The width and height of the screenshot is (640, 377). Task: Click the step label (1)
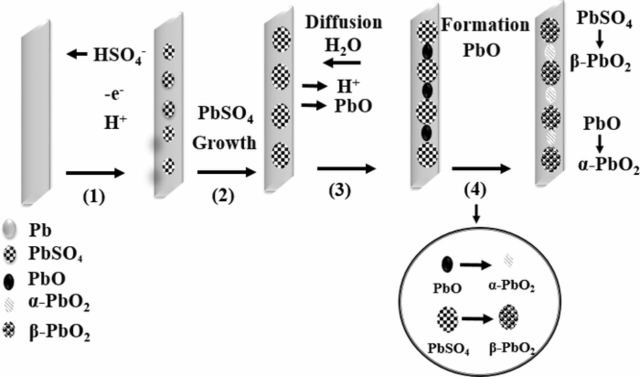(x=94, y=196)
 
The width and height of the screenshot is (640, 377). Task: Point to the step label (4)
(x=475, y=191)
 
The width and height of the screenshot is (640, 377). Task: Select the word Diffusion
(x=343, y=23)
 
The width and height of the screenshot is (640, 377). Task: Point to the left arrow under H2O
(x=341, y=63)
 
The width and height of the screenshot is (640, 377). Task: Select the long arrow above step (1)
(x=94, y=173)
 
